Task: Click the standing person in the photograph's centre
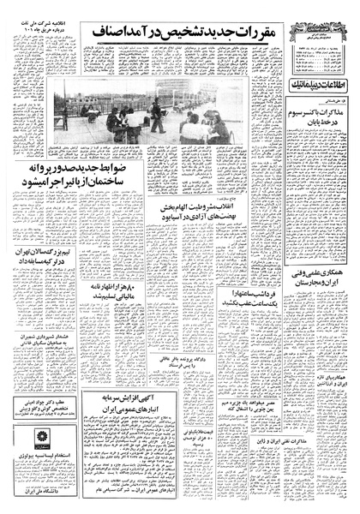pos(156,111)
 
